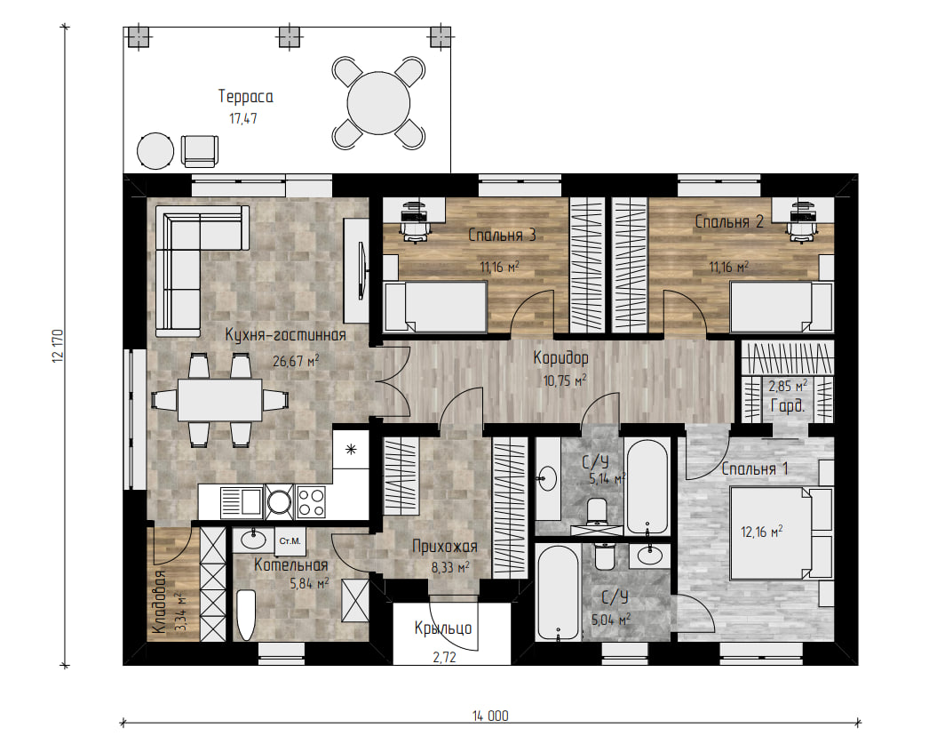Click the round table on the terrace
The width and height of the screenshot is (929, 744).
[x=378, y=103]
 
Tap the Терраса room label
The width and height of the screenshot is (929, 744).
[x=246, y=97]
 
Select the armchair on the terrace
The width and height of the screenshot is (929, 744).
[x=199, y=152]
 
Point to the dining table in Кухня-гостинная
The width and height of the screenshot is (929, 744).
[x=220, y=400]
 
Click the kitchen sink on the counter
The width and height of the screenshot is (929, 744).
[x=242, y=502]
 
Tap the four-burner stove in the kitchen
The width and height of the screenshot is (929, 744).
[x=311, y=502]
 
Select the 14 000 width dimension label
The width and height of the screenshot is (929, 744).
[x=490, y=716]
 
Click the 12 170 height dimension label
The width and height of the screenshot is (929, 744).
[x=58, y=346]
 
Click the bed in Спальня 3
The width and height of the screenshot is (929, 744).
[x=435, y=306]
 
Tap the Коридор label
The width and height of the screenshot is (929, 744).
[x=560, y=358]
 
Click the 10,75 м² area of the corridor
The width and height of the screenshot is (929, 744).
[x=565, y=380]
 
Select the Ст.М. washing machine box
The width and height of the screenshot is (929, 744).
[x=290, y=541]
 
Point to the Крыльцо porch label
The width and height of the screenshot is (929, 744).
[x=443, y=628]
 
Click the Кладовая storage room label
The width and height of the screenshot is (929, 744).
[x=159, y=603]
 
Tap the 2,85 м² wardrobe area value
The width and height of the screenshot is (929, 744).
[x=788, y=386]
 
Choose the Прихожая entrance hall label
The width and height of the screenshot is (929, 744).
[x=444, y=546]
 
